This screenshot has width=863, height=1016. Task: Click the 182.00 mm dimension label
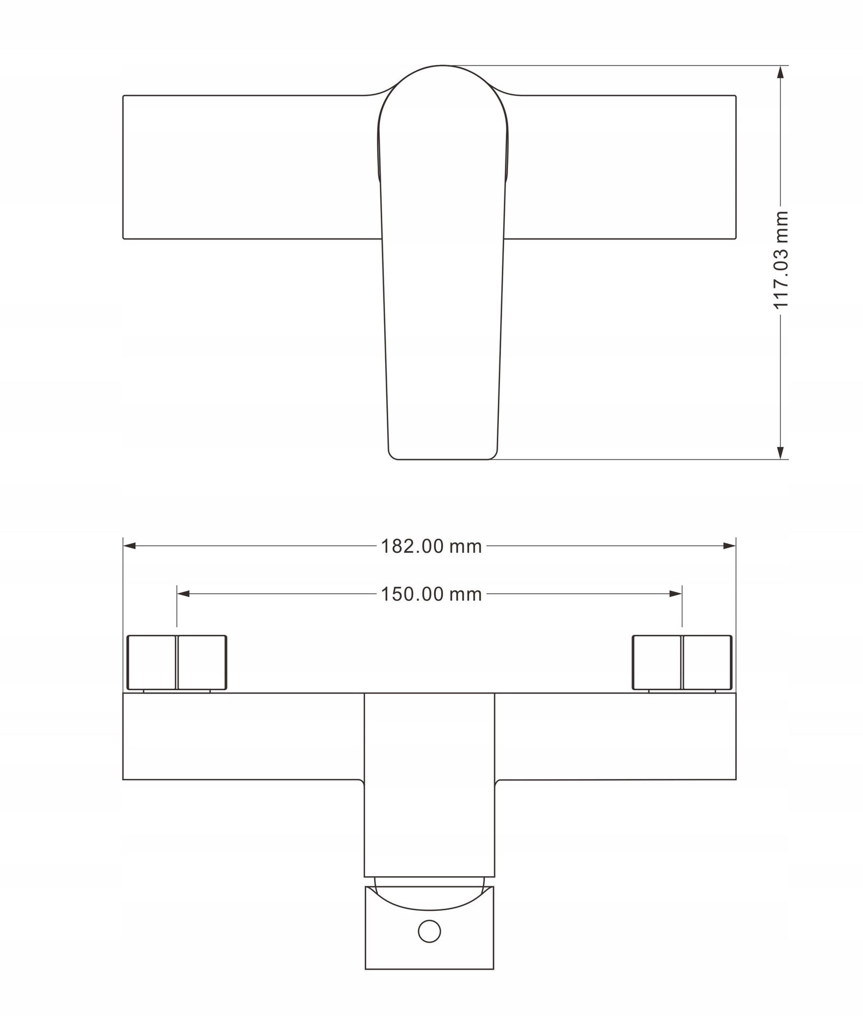pyautogui.click(x=431, y=546)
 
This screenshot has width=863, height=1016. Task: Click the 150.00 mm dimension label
pyautogui.click(x=431, y=594)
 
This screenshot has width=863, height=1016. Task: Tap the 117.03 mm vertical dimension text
pyautogui.click(x=781, y=259)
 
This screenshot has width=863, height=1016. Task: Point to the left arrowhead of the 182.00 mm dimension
pyautogui.click(x=129, y=546)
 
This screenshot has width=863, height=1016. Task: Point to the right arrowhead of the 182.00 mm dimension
pyautogui.click(x=730, y=546)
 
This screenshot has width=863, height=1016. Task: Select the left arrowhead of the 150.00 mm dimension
pyautogui.click(x=183, y=594)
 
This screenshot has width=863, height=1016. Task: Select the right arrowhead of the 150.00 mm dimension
pyautogui.click(x=675, y=594)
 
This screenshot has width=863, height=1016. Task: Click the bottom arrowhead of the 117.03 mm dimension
pyautogui.click(x=780, y=452)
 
